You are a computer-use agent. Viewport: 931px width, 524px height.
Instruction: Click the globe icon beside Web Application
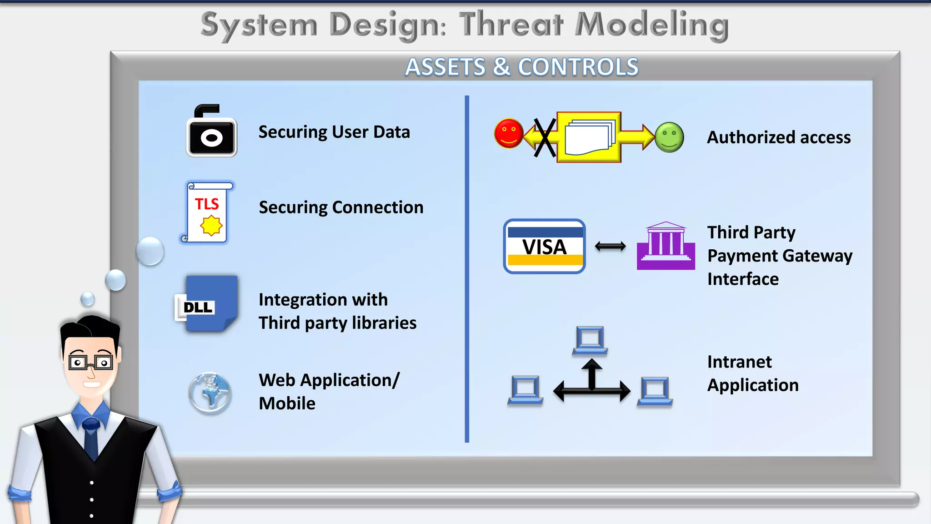click(x=210, y=393)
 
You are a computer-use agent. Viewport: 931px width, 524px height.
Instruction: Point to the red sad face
click(x=509, y=134)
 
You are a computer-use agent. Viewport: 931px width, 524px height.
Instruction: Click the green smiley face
click(x=669, y=137)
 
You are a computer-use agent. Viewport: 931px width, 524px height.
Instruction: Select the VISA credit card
click(x=544, y=247)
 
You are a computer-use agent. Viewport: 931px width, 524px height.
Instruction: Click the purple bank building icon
click(x=666, y=247)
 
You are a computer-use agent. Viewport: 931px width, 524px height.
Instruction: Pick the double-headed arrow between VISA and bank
click(x=610, y=247)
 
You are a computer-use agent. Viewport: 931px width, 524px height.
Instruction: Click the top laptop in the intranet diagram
click(x=590, y=341)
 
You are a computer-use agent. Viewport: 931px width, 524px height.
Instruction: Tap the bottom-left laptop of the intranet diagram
click(x=525, y=390)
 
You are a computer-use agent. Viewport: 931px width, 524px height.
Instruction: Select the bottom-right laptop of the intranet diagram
click(x=655, y=392)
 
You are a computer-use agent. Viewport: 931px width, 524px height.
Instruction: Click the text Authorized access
click(x=778, y=137)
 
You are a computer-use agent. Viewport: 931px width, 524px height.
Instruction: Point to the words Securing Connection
click(x=341, y=207)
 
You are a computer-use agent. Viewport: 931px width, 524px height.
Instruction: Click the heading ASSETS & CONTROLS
click(x=521, y=67)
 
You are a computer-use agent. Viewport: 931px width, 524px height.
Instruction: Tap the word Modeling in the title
click(x=651, y=25)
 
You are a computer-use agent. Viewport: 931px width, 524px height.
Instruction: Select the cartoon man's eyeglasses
click(x=91, y=363)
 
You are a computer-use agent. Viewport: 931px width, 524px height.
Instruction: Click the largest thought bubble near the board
click(x=150, y=251)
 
